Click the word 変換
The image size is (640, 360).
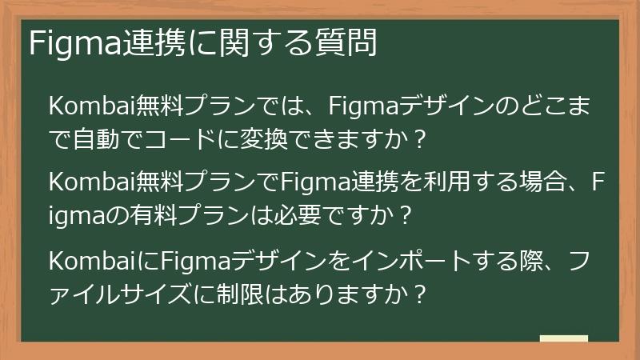(263, 140)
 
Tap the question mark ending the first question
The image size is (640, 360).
(418, 140)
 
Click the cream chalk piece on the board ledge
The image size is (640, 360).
(563, 338)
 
